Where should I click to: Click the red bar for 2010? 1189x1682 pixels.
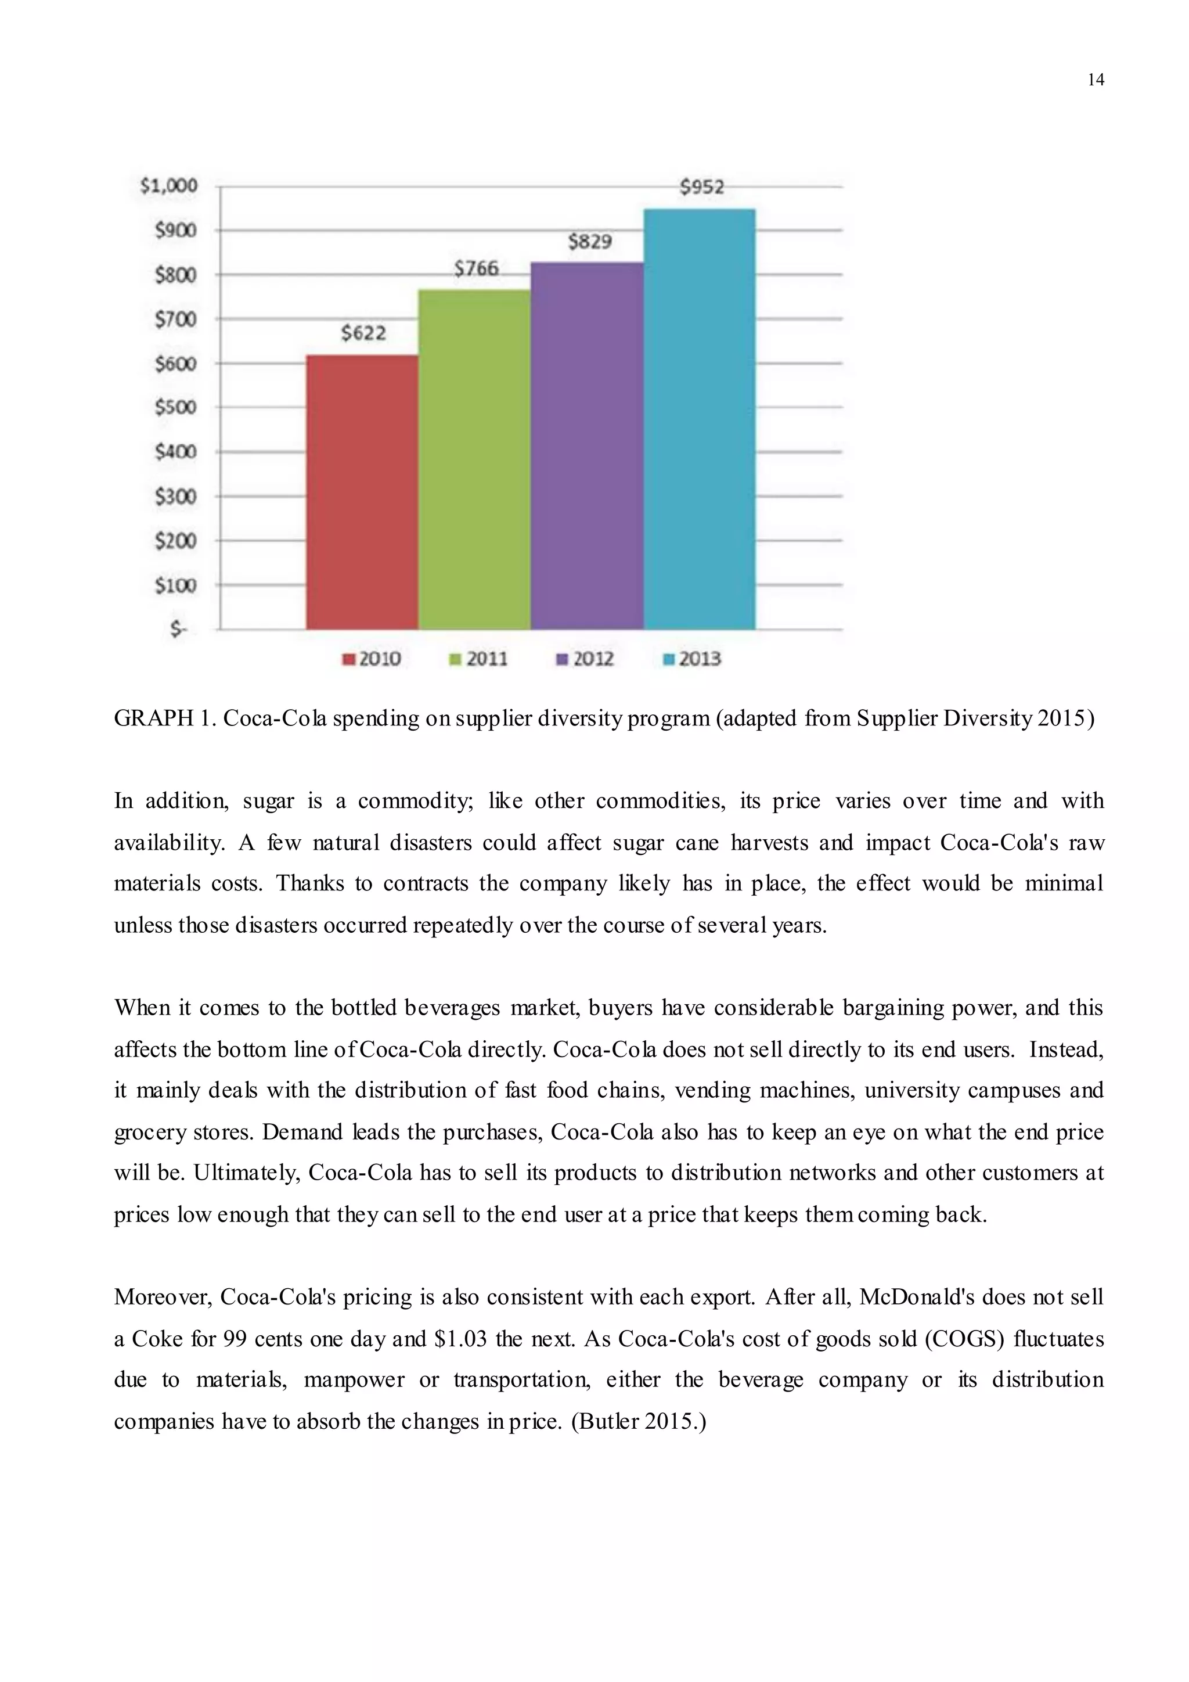click(x=362, y=493)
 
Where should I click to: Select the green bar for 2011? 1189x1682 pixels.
click(x=474, y=459)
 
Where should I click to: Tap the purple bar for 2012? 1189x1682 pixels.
click(x=587, y=445)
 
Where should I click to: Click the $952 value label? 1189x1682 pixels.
click(x=701, y=188)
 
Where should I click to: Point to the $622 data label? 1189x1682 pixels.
click(x=363, y=333)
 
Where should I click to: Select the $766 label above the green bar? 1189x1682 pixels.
click(x=476, y=269)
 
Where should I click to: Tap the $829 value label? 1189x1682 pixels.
click(x=590, y=241)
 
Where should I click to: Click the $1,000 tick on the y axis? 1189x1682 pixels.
click(x=169, y=185)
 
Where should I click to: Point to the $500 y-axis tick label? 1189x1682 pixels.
click(x=176, y=407)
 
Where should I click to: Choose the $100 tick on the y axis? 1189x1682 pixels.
click(x=176, y=585)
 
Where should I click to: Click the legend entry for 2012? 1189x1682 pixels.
click(x=586, y=659)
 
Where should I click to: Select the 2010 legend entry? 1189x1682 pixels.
click(x=372, y=659)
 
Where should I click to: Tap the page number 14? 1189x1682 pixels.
click(x=1096, y=80)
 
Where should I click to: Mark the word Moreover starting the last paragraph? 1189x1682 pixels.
click(x=163, y=1298)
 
